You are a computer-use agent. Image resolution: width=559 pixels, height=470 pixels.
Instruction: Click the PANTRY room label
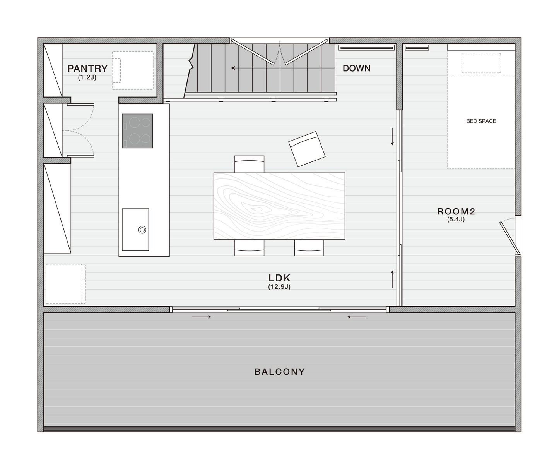pyautogui.click(x=87, y=69)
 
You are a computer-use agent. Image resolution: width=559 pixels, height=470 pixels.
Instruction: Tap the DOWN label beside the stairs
pyautogui.click(x=357, y=68)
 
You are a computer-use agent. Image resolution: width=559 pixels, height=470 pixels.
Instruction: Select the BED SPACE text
pyautogui.click(x=481, y=121)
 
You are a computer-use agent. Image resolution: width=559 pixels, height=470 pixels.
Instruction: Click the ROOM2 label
pyautogui.click(x=456, y=212)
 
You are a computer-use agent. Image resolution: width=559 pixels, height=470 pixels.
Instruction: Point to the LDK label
pyautogui.click(x=279, y=278)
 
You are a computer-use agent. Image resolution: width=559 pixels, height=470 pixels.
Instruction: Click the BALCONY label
pyautogui.click(x=279, y=372)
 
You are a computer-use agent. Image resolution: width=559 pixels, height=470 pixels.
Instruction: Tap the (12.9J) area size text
pyautogui.click(x=279, y=287)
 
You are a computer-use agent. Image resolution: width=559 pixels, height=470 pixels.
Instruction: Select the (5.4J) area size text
pyautogui.click(x=456, y=219)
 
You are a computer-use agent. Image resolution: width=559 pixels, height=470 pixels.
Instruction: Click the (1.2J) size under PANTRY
pyautogui.click(x=87, y=78)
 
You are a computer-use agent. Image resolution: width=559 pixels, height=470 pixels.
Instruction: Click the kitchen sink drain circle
pyautogui.click(x=142, y=230)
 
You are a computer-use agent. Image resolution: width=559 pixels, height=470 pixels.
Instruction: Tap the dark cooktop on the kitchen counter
pyautogui.click(x=137, y=131)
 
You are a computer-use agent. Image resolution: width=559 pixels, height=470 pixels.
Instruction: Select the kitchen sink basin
pyautogui.click(x=135, y=230)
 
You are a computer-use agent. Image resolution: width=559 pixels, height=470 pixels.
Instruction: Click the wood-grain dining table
pyautogui.click(x=279, y=206)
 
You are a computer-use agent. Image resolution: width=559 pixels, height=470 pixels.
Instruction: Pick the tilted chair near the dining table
pyautogui.click(x=307, y=149)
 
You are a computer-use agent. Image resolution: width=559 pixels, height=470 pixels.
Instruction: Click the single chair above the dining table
pyautogui.click(x=249, y=164)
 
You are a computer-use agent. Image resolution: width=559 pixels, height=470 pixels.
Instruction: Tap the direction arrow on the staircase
pyautogui.click(x=283, y=68)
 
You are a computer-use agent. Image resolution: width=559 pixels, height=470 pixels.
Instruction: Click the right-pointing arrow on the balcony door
pyautogui.click(x=201, y=317)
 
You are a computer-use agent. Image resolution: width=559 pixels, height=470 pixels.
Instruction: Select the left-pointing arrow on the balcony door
pyautogui.click(x=357, y=317)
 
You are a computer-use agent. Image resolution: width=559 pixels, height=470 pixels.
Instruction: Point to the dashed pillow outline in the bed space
pyautogui.click(x=481, y=63)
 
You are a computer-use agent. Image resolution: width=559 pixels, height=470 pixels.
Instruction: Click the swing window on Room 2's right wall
pyautogui.click(x=510, y=238)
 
